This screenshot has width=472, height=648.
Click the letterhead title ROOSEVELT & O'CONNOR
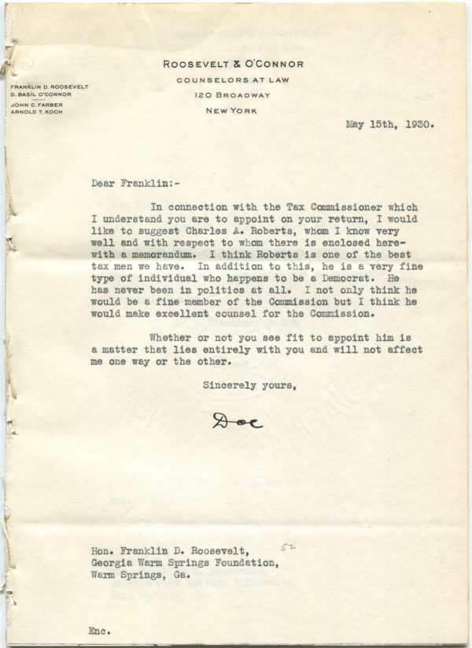coord(233,65)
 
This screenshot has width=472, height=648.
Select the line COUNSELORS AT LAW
coord(233,80)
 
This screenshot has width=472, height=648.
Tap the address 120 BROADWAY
coord(233,95)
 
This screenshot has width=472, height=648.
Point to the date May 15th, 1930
coord(389,124)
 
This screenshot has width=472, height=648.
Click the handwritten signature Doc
coord(237,421)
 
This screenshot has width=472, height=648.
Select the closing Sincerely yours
coord(249,386)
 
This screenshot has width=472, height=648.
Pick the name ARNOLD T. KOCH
coord(36,112)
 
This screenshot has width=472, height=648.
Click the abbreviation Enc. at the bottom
coord(100,630)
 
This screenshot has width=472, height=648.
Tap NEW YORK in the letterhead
coord(233,111)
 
